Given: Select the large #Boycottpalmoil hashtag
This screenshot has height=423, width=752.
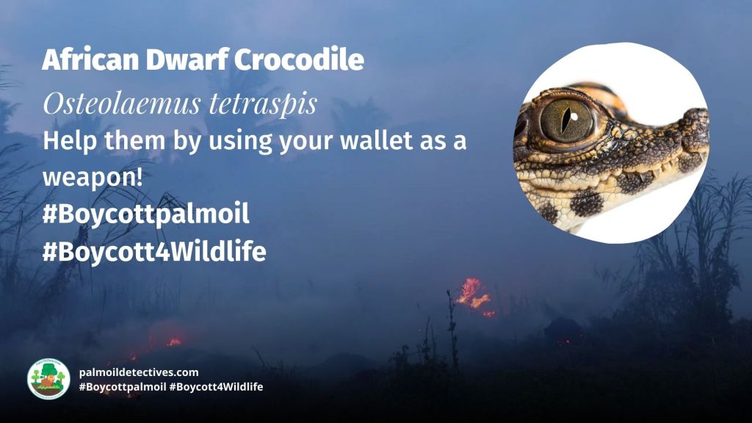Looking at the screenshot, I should pos(146,214).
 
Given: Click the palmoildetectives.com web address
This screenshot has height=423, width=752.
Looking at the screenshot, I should pos(139,372).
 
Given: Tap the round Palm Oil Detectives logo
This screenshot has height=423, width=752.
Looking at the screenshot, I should pos(48,379).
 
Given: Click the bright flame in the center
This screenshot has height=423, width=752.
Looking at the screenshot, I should pos(472,294).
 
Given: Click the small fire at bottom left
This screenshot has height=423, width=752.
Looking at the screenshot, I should pos(173,341).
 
